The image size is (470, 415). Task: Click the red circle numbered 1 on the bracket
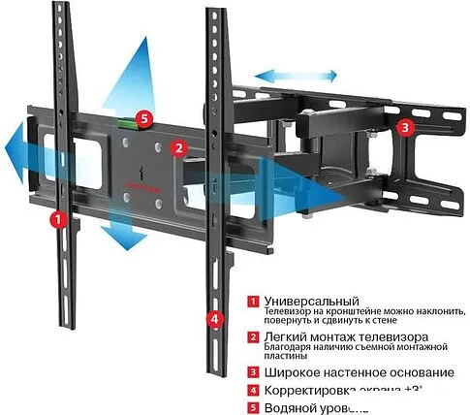[59, 220]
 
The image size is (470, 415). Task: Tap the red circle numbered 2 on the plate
[177, 148]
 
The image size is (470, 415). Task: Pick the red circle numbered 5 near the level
[144, 116]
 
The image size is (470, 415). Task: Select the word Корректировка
[309, 390]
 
